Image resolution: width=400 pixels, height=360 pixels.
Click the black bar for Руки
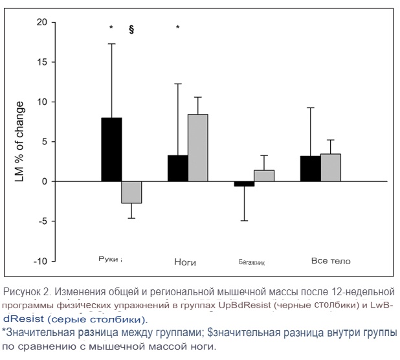tap(111, 150)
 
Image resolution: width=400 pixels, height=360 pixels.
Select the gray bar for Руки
tap(131, 192)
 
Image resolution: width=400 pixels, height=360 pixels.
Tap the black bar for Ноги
tap(178, 168)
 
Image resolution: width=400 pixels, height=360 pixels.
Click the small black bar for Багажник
tap(244, 184)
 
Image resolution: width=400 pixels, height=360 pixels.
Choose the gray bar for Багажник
tap(263, 176)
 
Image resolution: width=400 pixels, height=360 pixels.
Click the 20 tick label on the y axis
tap(43, 23)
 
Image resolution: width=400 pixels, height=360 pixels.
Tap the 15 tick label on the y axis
tap(43, 62)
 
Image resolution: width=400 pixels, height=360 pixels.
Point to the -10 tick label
tap(40, 261)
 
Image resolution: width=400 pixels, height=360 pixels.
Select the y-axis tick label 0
tap(45, 181)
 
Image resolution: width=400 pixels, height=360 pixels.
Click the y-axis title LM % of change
tap(19, 142)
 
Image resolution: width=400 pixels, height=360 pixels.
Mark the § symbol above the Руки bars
tap(131, 28)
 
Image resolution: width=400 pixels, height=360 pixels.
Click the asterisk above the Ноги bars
tap(178, 28)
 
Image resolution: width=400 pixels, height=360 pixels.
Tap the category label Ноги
tap(185, 262)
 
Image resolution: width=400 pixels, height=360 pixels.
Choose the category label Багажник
tap(252, 264)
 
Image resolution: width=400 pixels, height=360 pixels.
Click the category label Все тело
tap(331, 261)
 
